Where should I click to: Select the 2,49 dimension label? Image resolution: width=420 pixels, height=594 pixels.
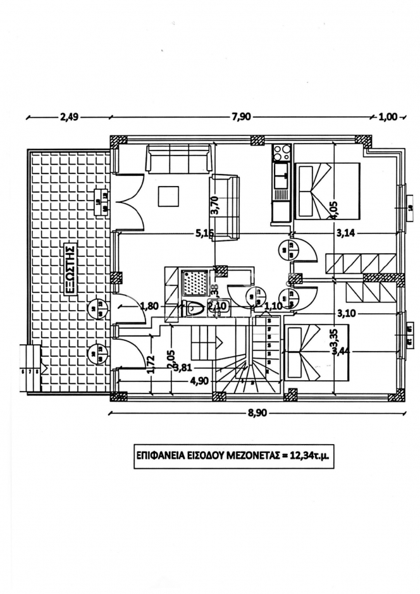69,116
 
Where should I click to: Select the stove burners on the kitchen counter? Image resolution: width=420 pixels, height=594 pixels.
281,152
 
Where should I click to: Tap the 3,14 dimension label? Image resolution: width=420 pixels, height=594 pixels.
345,233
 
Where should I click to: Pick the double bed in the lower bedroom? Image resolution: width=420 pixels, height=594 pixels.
315,353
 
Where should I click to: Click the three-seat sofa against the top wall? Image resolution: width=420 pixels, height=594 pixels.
178,158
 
